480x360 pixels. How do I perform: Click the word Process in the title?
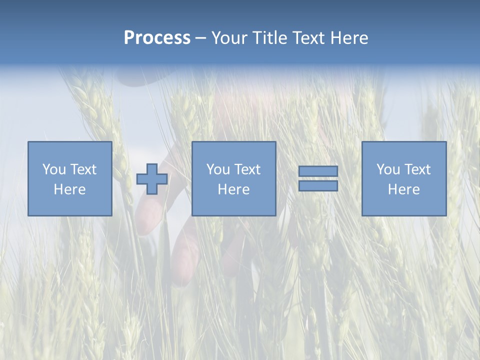point(157,38)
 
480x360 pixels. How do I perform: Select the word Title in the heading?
point(270,38)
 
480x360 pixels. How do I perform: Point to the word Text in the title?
point(310,38)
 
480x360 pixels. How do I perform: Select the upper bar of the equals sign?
point(318,171)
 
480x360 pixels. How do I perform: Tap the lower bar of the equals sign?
point(318,186)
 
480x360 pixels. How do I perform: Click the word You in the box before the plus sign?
point(54,169)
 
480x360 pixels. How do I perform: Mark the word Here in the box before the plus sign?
point(69,189)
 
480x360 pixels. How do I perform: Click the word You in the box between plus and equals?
point(218,169)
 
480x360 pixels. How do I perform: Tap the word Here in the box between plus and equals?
point(233,189)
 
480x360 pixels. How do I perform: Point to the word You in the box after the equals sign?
point(388,169)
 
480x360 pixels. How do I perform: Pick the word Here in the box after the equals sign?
point(403,189)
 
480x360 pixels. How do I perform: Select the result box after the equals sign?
point(404,205)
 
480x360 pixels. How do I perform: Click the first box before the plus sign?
point(70,205)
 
